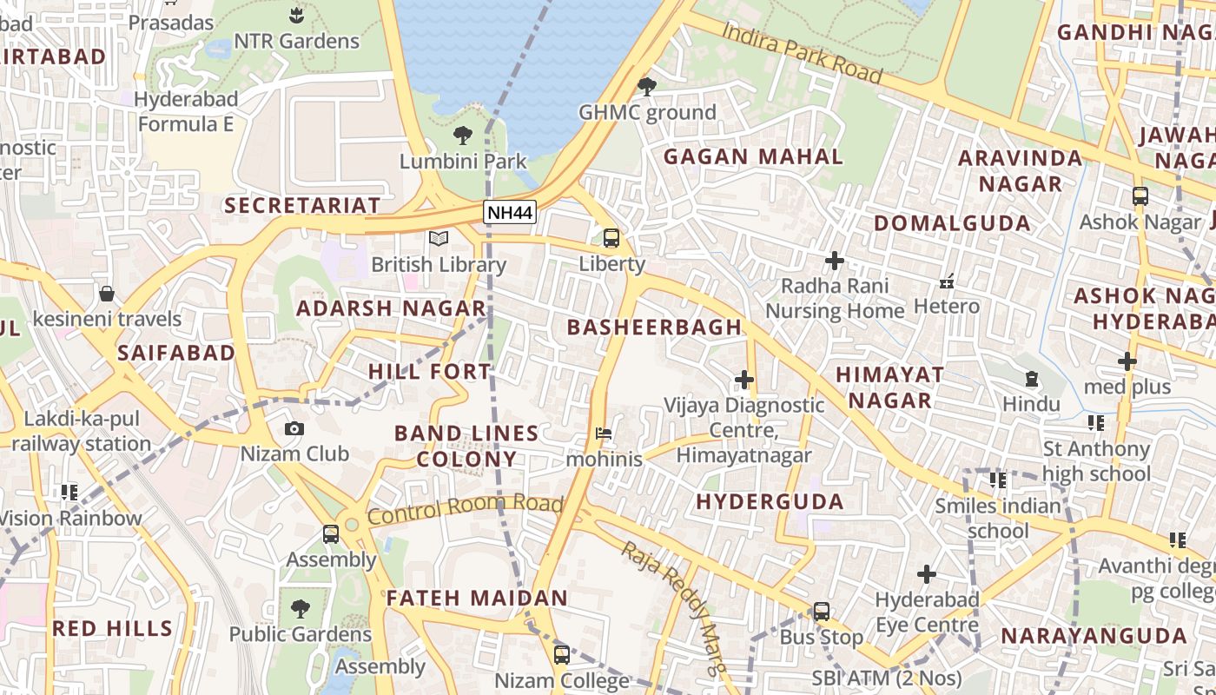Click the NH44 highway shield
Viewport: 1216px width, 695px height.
(x=510, y=212)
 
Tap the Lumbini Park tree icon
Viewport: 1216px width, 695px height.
(x=462, y=136)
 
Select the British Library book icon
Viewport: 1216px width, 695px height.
(x=439, y=238)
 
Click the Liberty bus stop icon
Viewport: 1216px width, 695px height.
(x=611, y=238)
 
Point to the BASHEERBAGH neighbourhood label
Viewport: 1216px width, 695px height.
(x=654, y=328)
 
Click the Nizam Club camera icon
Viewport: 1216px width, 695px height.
(x=294, y=428)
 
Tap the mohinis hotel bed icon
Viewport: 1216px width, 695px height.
(x=604, y=433)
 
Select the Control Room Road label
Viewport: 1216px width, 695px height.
(x=465, y=510)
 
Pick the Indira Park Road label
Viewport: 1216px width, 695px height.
(x=802, y=53)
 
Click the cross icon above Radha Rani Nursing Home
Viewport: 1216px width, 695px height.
(x=835, y=260)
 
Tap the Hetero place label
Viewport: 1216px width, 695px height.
(x=946, y=306)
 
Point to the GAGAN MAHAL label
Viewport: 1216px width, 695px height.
(x=753, y=157)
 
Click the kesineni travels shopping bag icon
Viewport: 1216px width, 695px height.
(x=107, y=294)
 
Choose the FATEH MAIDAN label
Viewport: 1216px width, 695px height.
(x=477, y=598)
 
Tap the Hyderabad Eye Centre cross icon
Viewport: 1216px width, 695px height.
(x=927, y=574)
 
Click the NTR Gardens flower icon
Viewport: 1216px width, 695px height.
(x=296, y=15)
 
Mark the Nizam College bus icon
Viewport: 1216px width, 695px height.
(x=562, y=654)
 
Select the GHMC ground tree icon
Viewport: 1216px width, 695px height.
(x=646, y=86)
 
